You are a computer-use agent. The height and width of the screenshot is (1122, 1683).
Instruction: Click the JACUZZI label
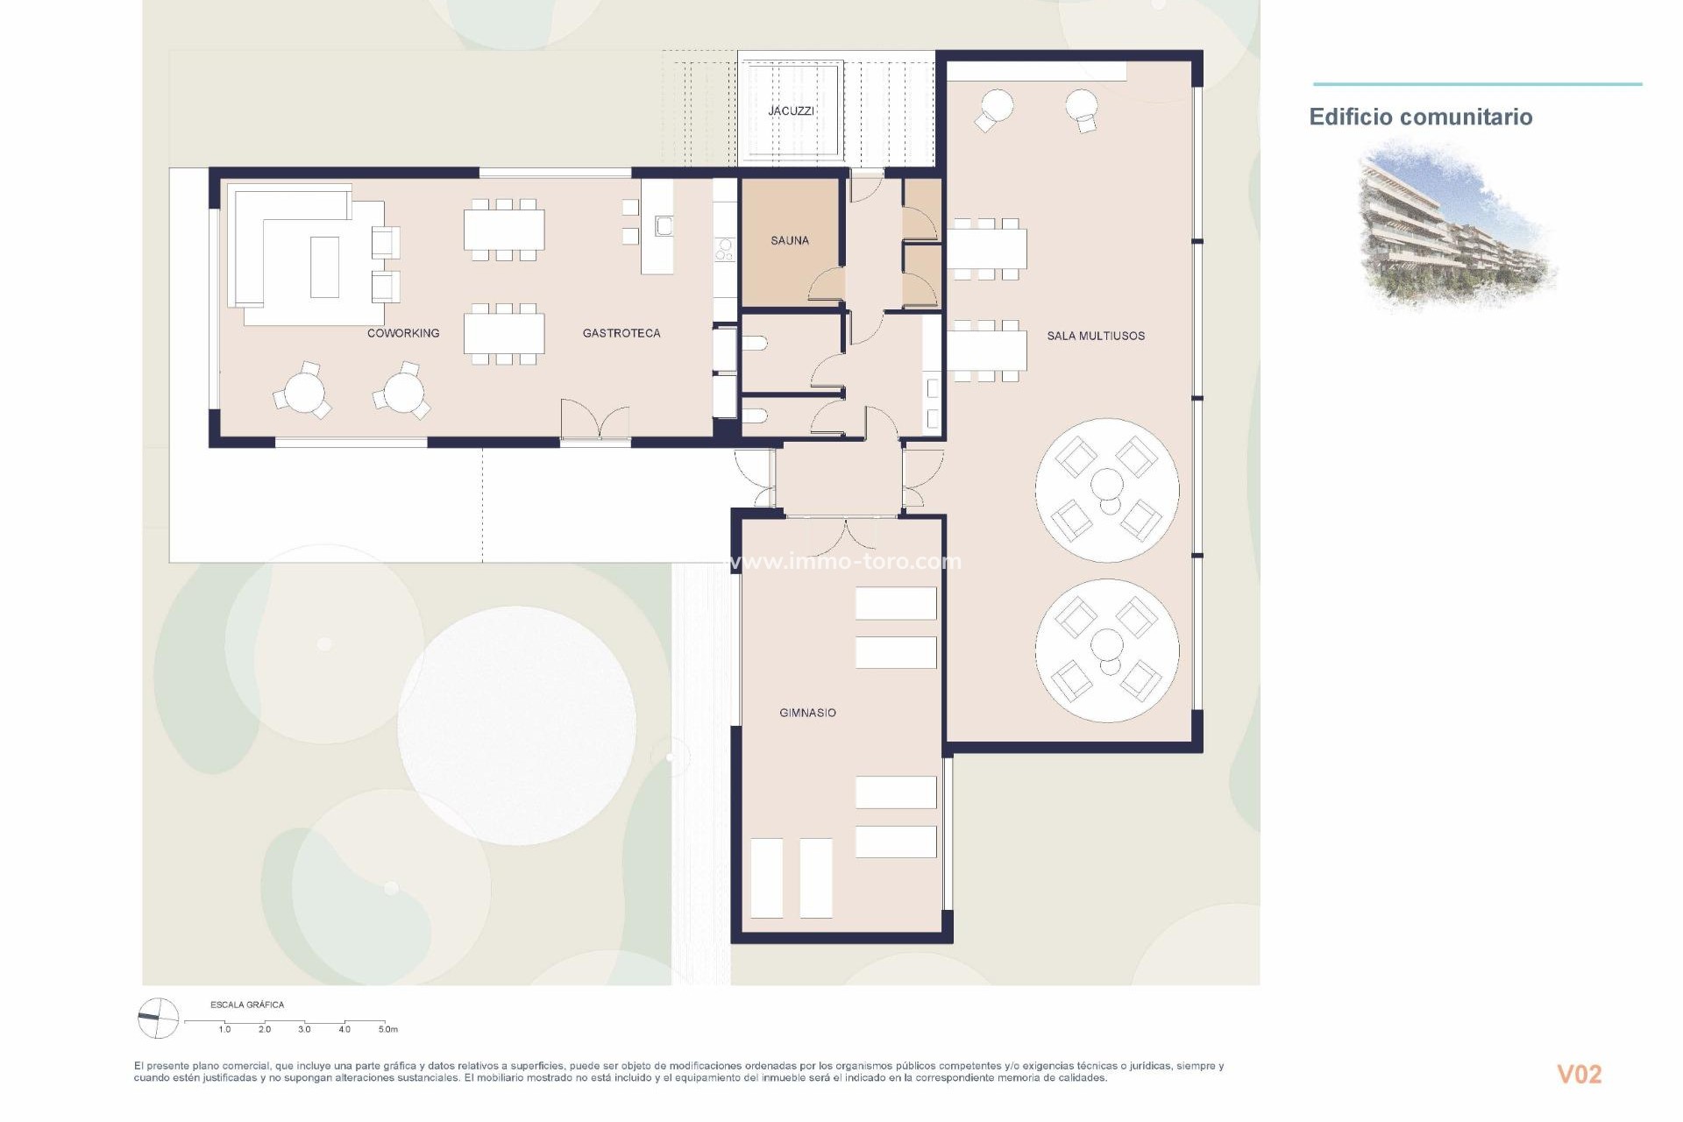tap(791, 111)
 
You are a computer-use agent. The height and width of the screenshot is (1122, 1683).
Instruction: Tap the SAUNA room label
tap(789, 240)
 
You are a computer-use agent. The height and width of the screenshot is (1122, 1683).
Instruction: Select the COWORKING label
tap(403, 333)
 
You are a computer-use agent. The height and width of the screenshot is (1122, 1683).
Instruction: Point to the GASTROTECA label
tap(621, 333)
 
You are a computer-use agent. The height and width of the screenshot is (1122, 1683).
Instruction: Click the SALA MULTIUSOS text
tap(1096, 336)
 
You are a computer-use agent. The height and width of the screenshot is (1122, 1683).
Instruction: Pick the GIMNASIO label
tap(807, 713)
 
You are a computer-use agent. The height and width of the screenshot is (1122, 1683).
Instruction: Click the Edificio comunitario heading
tap(1420, 117)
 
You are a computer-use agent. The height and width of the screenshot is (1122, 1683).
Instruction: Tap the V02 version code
tap(1579, 1074)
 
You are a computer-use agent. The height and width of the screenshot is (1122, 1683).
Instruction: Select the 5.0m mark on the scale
tap(387, 1029)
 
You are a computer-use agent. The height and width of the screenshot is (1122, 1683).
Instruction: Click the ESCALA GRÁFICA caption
tap(247, 1005)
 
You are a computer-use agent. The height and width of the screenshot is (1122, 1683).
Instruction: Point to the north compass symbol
tap(158, 1019)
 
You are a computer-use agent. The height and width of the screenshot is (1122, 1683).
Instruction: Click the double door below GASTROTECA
tap(596, 421)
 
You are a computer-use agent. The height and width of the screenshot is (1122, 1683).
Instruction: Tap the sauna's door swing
tap(827, 285)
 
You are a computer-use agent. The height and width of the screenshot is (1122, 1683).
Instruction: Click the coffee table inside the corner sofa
tap(324, 266)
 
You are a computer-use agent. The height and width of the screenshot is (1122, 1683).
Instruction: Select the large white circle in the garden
tap(516, 725)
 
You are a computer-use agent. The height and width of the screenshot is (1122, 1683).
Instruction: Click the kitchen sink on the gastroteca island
tap(664, 227)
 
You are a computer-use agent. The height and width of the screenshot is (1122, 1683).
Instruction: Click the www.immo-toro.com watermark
tap(846, 561)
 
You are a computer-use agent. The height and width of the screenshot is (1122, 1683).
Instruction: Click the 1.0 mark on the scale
tap(224, 1029)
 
